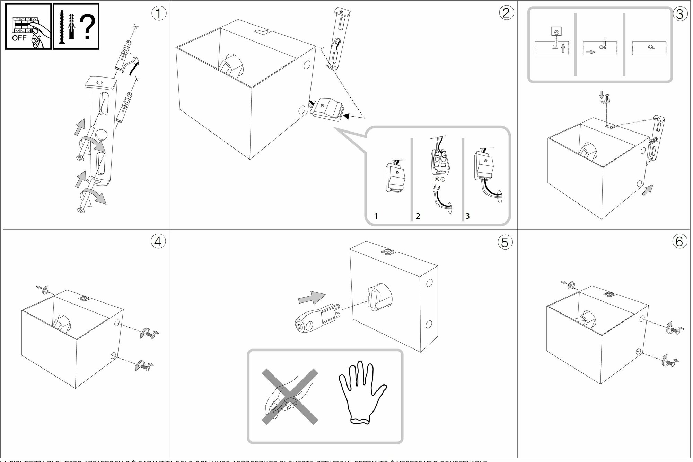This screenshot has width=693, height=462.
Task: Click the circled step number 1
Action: [159, 13]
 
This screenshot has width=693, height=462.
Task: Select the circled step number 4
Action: [158, 242]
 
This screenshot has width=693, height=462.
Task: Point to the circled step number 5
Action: [505, 242]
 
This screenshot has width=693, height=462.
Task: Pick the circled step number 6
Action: [679, 242]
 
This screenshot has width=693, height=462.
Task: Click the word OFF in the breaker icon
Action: [19, 38]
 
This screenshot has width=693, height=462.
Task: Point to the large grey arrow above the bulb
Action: [312, 298]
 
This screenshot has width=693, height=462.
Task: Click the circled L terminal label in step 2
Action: [443, 179]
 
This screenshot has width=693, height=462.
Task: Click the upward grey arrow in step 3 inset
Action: [563, 48]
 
